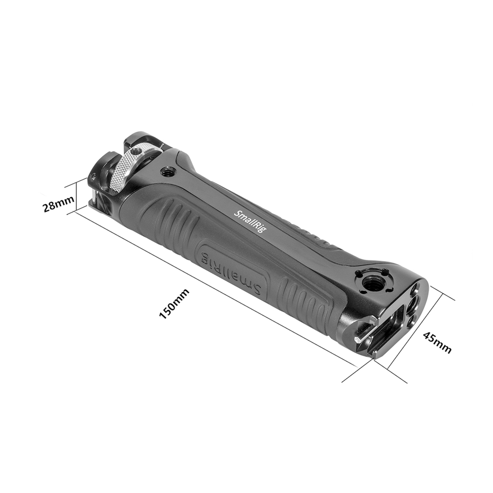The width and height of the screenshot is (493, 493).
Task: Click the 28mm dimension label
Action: pos(58,204)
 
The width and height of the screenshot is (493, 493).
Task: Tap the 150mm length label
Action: pos(175,304)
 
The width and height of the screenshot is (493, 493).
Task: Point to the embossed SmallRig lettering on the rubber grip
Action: pos(231,271)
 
